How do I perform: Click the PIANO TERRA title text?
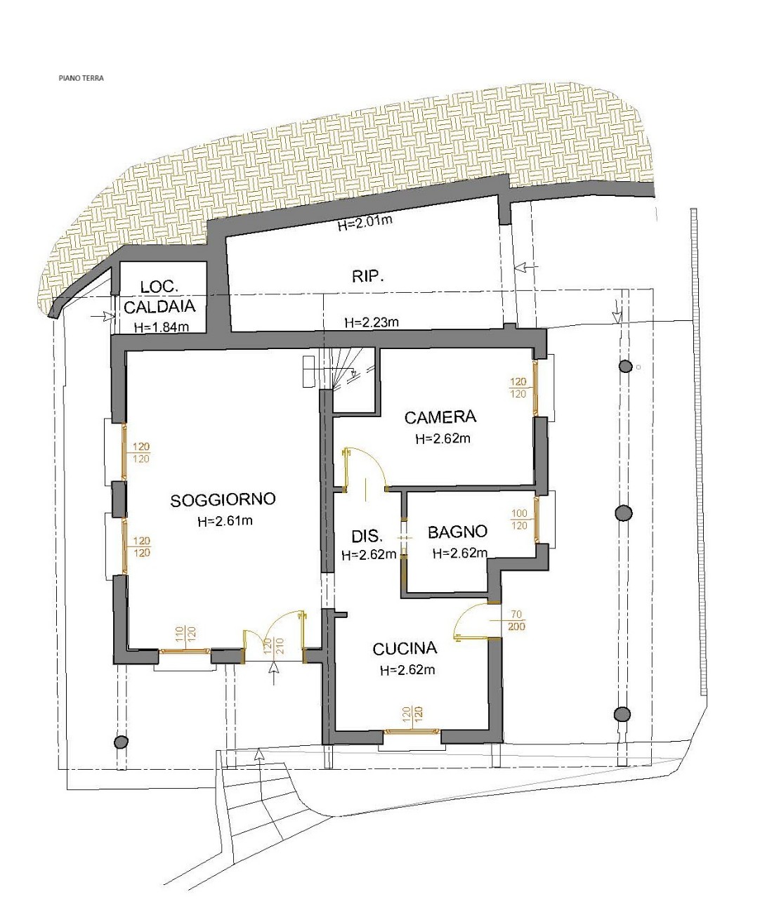pyautogui.click(x=81, y=78)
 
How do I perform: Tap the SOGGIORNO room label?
pyautogui.click(x=223, y=500)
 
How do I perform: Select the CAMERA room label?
pyautogui.click(x=440, y=417)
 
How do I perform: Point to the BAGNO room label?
pyautogui.click(x=457, y=532)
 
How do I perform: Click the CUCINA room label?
pyautogui.click(x=405, y=649)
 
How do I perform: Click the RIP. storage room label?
pyautogui.click(x=367, y=276)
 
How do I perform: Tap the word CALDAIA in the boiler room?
pyautogui.click(x=159, y=307)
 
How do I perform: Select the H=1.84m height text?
pyautogui.click(x=162, y=327)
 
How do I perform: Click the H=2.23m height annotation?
pyautogui.click(x=372, y=322)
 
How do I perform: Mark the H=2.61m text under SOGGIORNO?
pyautogui.click(x=225, y=520)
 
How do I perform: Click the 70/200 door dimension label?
pyautogui.click(x=516, y=620)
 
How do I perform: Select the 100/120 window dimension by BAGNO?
pyautogui.click(x=519, y=519)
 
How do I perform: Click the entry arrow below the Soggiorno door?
pyautogui.click(x=273, y=674)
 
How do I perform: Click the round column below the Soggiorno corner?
pyautogui.click(x=121, y=742)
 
